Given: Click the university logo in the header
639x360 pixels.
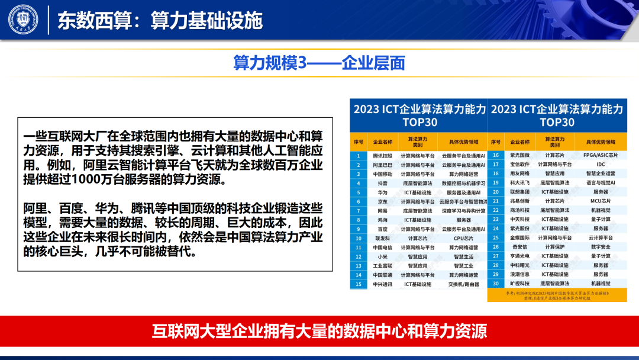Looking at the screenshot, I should coord(22,20).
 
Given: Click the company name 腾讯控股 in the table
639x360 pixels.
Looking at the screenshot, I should coord(382,156).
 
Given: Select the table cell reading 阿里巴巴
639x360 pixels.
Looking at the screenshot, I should coord(382,165).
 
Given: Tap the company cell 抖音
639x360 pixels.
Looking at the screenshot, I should coord(382,184).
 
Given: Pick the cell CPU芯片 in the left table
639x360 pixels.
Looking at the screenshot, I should coord(463,239).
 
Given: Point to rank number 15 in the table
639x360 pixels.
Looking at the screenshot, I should coord(358,284).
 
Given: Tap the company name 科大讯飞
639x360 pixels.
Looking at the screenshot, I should coord(520,183).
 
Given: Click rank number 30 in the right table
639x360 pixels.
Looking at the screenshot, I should coord(496,284).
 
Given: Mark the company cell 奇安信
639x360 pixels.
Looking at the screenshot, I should coord(520,247).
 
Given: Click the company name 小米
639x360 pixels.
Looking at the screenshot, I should coord(382,257).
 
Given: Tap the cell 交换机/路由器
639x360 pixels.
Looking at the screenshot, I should coord(463,284).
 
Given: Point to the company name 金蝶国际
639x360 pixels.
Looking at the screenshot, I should coord(520,237).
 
